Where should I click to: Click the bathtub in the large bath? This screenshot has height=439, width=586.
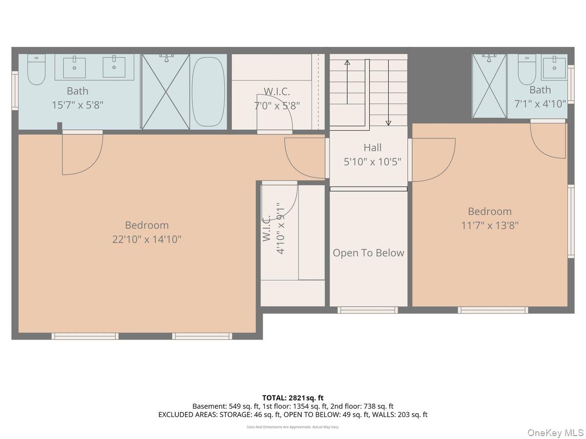coord(208,92)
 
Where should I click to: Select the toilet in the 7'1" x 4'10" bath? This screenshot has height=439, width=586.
coord(527,69)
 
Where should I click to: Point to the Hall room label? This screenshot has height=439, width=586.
coord(373,147)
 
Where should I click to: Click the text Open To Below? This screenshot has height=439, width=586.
coord(368,253)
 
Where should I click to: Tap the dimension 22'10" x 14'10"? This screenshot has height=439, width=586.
coord(146,239)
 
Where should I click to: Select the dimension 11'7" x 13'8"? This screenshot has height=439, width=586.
coord(490,225)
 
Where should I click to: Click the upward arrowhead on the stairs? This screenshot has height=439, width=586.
coord(347,62)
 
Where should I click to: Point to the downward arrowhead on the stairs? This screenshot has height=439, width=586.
coord(388,123)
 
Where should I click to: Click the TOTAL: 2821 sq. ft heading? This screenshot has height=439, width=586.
coord(293,398)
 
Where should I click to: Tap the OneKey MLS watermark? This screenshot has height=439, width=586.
coord(555,432)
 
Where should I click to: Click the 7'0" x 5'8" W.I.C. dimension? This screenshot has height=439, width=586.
coord(277,106)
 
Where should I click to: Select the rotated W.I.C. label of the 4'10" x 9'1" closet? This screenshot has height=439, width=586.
coord(267,228)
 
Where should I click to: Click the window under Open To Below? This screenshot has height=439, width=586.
coord(368,310)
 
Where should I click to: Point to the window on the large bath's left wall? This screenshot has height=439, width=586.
coord(15,91)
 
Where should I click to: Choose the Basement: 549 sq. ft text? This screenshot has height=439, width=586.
coord(226,406)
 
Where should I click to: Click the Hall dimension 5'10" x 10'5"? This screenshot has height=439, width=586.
coord(373,161)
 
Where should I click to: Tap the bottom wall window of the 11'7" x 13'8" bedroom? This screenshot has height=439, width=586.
coord(493,310)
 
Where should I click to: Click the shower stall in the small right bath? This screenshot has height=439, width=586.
coord(489,86)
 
